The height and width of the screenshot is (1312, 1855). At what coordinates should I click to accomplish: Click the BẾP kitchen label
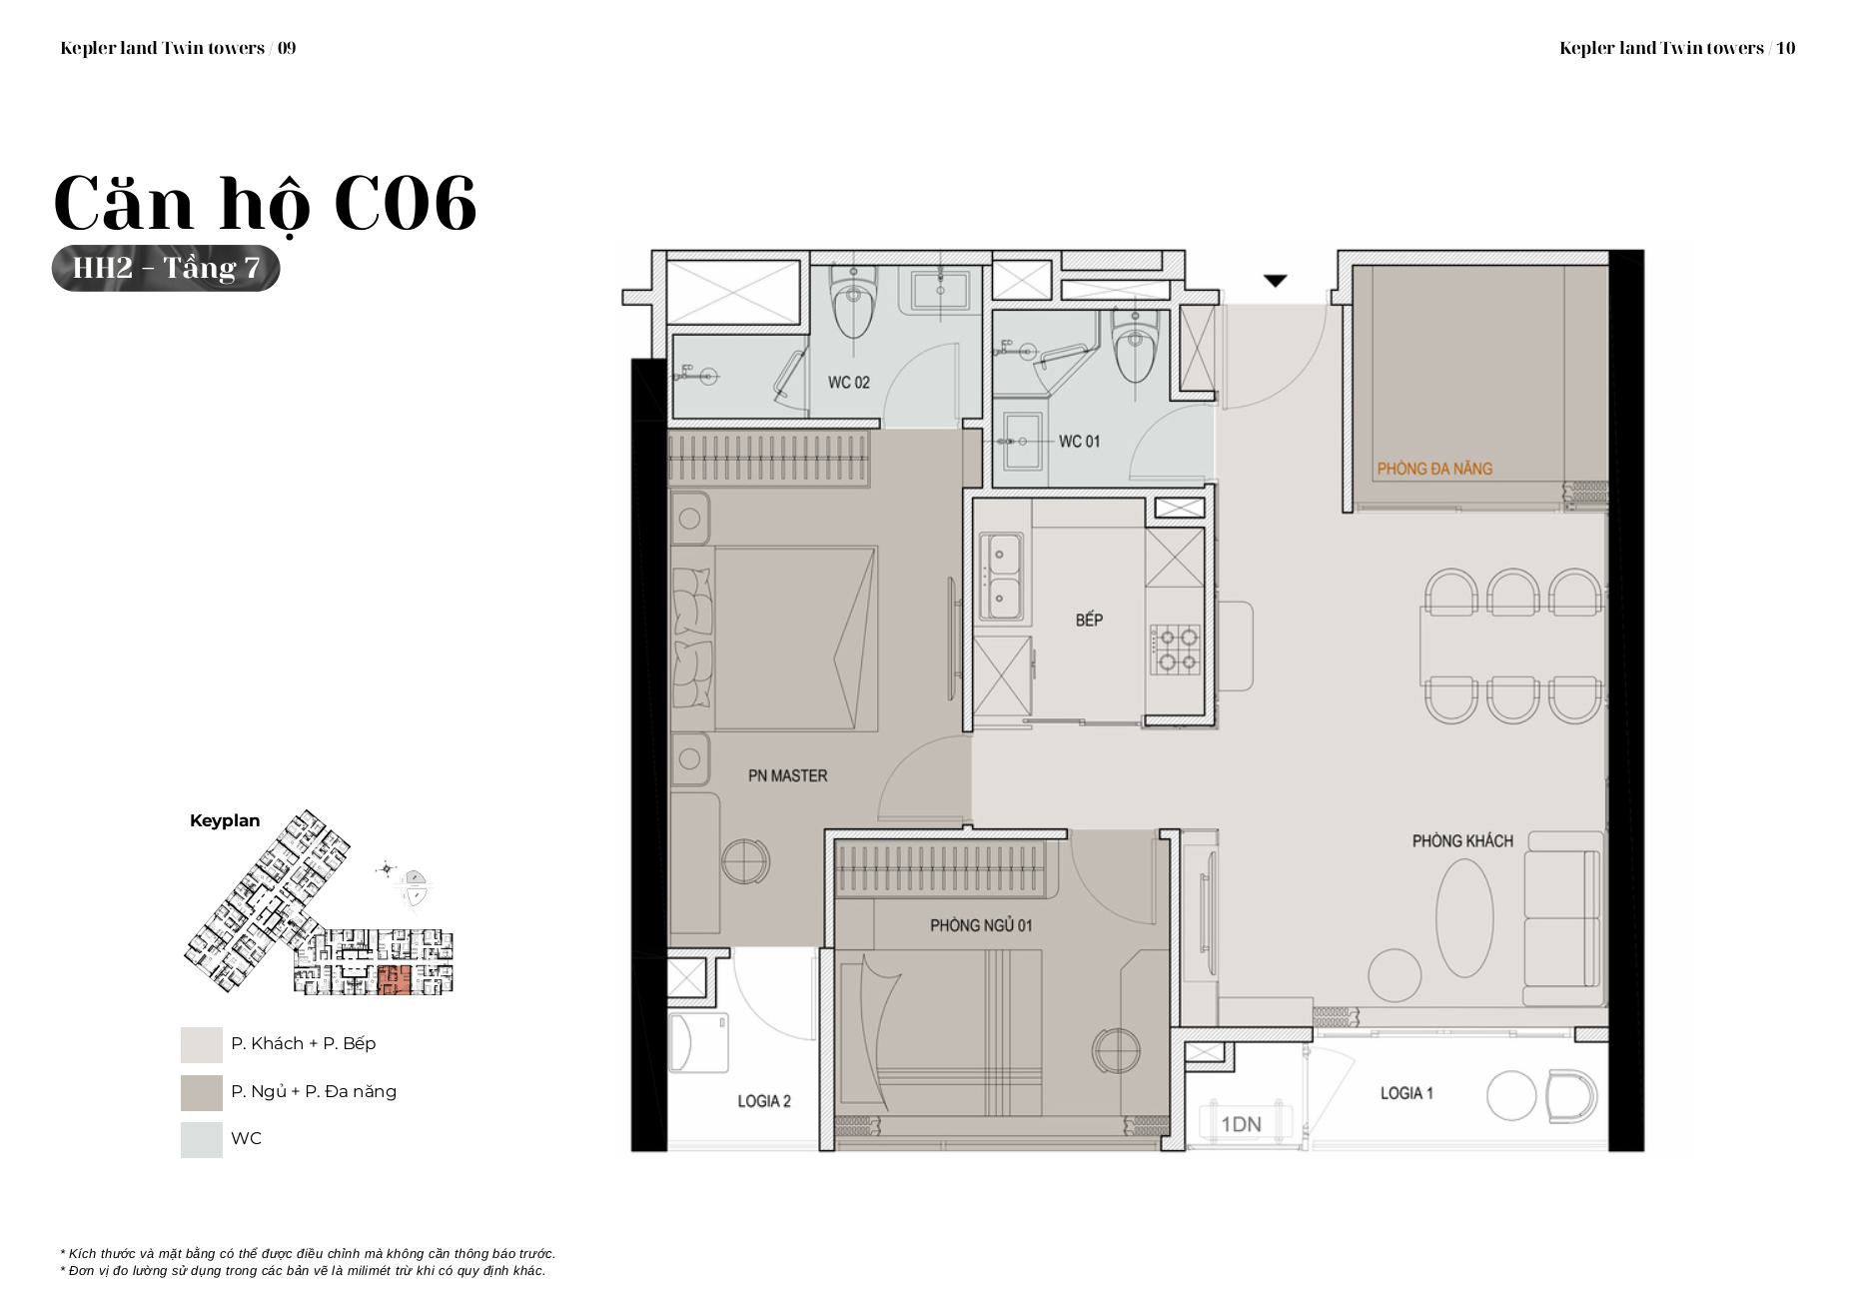1089,620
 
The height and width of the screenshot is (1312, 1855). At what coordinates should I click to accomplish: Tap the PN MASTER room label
787,775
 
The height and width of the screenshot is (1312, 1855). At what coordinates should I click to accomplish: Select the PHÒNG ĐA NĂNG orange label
1434,468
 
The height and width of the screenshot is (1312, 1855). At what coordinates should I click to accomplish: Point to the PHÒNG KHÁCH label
1462,841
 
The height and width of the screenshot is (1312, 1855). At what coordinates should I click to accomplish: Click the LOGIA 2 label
764,1101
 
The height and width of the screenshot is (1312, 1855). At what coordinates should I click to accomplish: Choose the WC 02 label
848,383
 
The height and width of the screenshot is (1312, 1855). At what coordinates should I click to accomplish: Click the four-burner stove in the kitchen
1175,650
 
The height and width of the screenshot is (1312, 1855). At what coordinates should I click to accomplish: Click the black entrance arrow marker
1275,282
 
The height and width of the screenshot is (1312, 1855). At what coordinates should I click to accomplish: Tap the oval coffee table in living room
1465,917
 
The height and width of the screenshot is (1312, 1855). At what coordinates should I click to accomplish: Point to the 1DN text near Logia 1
1241,1125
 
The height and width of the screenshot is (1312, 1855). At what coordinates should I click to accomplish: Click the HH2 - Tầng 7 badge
166,268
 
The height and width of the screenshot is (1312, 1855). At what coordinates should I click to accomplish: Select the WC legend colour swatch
202,1139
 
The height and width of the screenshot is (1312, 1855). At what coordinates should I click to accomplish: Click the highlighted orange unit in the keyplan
394,980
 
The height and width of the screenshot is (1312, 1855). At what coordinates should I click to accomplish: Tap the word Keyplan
225,821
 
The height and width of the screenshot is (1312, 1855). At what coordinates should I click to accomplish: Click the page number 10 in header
1786,48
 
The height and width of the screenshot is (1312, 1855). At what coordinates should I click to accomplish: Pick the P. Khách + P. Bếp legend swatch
202,1044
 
